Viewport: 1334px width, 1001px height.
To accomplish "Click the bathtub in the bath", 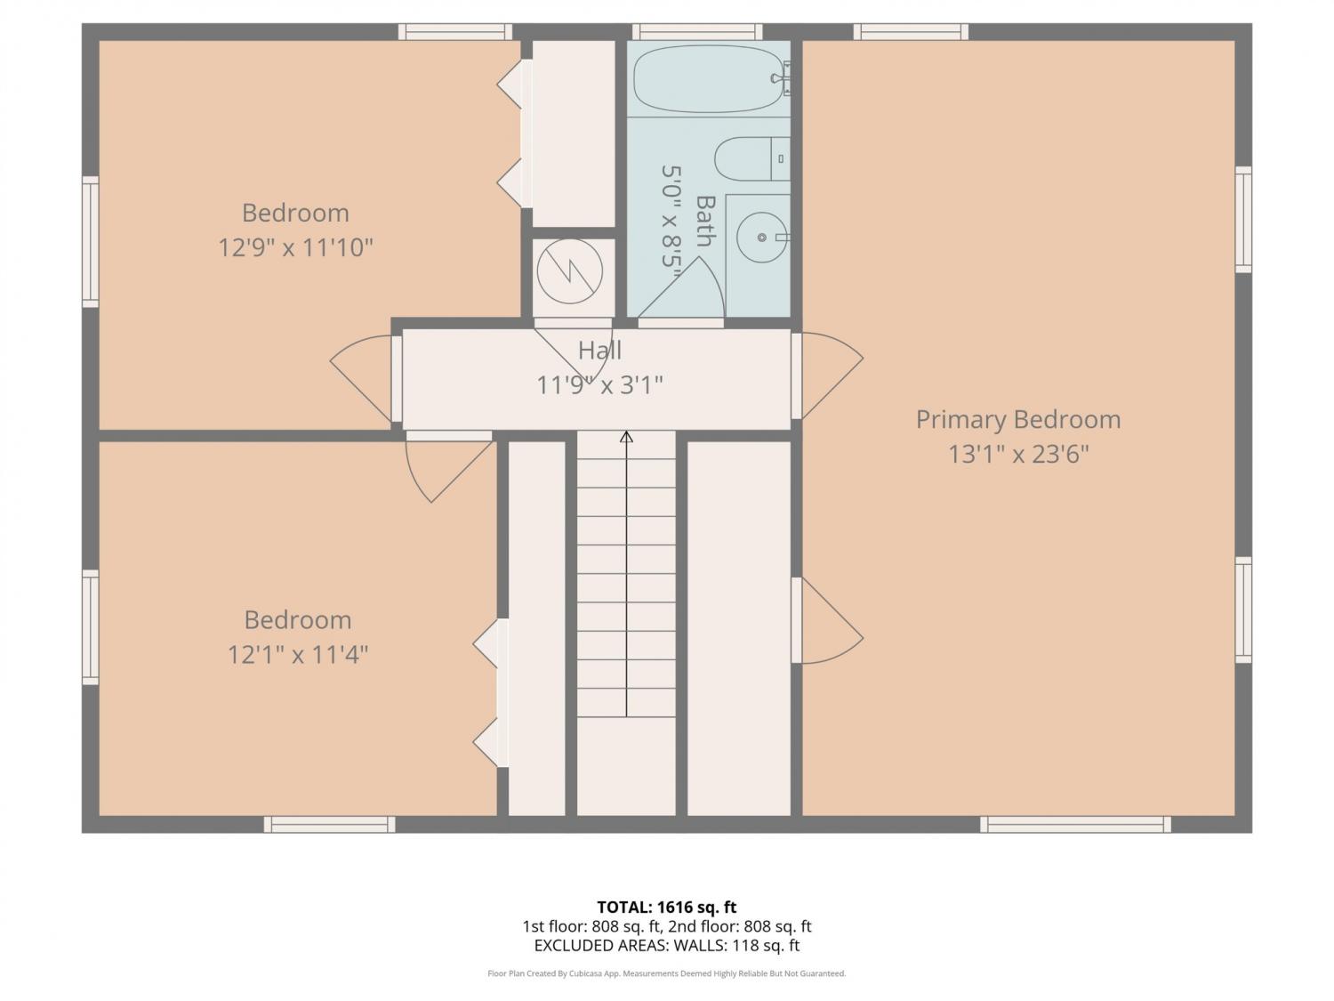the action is click(708, 79).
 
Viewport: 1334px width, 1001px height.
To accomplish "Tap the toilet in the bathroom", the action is click(751, 158).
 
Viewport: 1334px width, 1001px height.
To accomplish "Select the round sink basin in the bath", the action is click(761, 238).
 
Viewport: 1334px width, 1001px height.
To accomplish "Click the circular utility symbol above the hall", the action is click(569, 271).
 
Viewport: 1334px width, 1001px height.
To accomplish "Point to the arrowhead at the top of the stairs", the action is click(627, 437).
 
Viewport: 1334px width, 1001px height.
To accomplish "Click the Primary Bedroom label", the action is click(1018, 419).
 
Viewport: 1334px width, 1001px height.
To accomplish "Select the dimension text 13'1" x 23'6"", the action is click(1018, 454).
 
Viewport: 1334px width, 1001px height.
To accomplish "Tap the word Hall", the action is click(599, 350).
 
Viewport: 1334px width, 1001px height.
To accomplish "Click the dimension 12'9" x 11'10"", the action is click(295, 247).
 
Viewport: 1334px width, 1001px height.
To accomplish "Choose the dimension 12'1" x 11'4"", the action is click(298, 655).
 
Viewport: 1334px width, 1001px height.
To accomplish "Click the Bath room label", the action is click(705, 221).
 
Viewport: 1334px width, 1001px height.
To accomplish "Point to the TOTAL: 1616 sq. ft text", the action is click(667, 908).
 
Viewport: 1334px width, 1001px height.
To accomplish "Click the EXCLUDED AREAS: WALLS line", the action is click(667, 946).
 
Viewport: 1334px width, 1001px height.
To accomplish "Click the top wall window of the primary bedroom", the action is click(911, 32).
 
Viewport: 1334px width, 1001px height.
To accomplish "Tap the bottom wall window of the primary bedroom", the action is click(1075, 824).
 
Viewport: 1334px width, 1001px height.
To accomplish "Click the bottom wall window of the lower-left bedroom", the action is click(329, 824).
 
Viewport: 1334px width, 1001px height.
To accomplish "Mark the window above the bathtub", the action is click(697, 32).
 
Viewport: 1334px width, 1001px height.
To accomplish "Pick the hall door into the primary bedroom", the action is click(826, 375).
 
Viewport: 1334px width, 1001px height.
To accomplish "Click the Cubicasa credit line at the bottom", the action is click(667, 973).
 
